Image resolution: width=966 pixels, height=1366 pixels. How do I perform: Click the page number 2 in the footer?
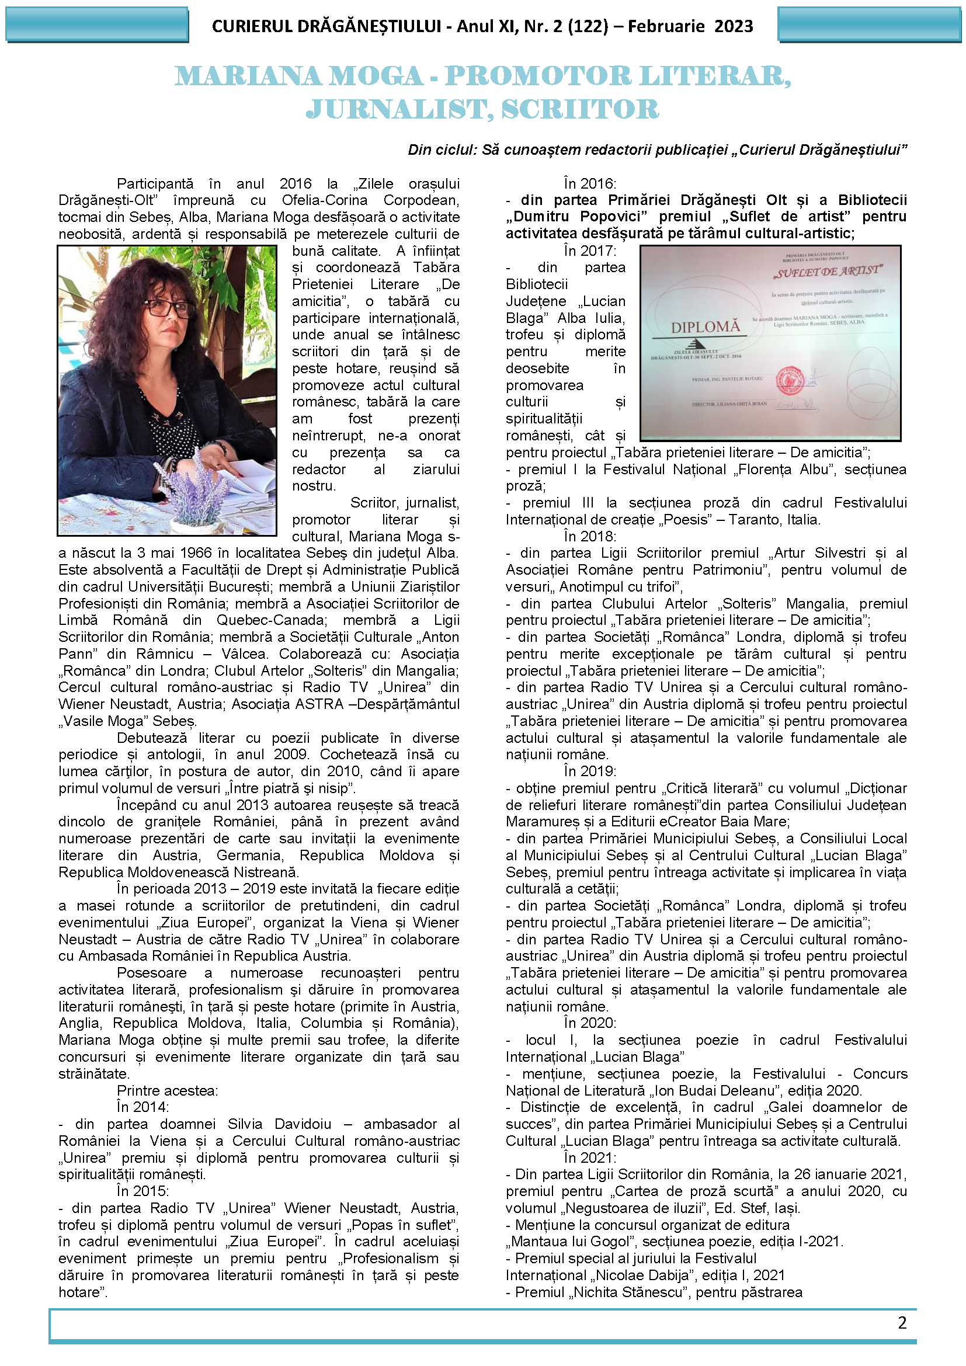coord(902,1322)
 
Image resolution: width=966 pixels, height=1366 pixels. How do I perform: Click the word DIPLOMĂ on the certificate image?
coord(706,326)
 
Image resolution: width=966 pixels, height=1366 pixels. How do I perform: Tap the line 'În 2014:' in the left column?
coord(143,1107)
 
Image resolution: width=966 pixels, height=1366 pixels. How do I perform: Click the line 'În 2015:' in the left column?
coord(143,1190)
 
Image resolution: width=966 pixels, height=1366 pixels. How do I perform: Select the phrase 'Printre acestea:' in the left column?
coord(167,1090)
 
